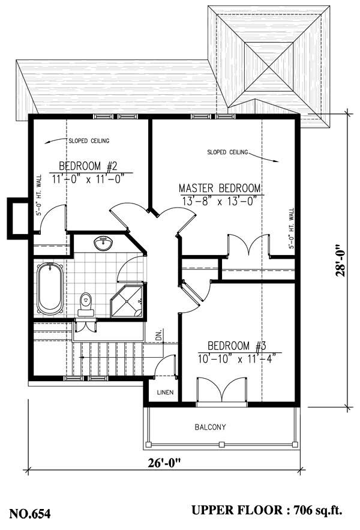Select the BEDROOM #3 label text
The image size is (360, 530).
(236, 346)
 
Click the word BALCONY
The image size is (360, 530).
(210, 427)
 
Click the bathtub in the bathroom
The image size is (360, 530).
(49, 289)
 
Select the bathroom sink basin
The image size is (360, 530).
(103, 243)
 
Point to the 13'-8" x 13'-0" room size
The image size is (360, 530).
(222, 201)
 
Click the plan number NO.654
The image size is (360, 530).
(29, 513)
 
